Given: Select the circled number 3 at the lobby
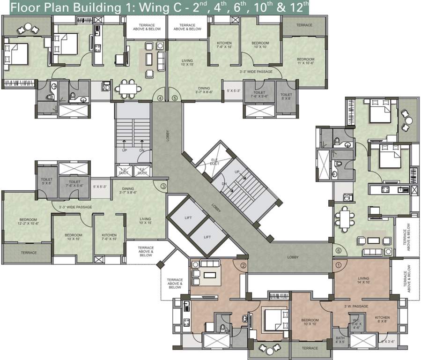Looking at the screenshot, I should (163, 186).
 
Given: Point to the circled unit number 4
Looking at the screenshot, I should (160, 98).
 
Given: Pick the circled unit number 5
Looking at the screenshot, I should (174, 98).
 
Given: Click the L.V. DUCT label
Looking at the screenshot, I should (124, 172).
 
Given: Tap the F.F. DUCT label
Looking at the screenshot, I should (142, 172).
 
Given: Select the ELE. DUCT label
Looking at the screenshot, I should (214, 162).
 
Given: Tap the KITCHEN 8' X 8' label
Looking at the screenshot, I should (382, 320).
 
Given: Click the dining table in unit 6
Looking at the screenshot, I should (346, 217).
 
